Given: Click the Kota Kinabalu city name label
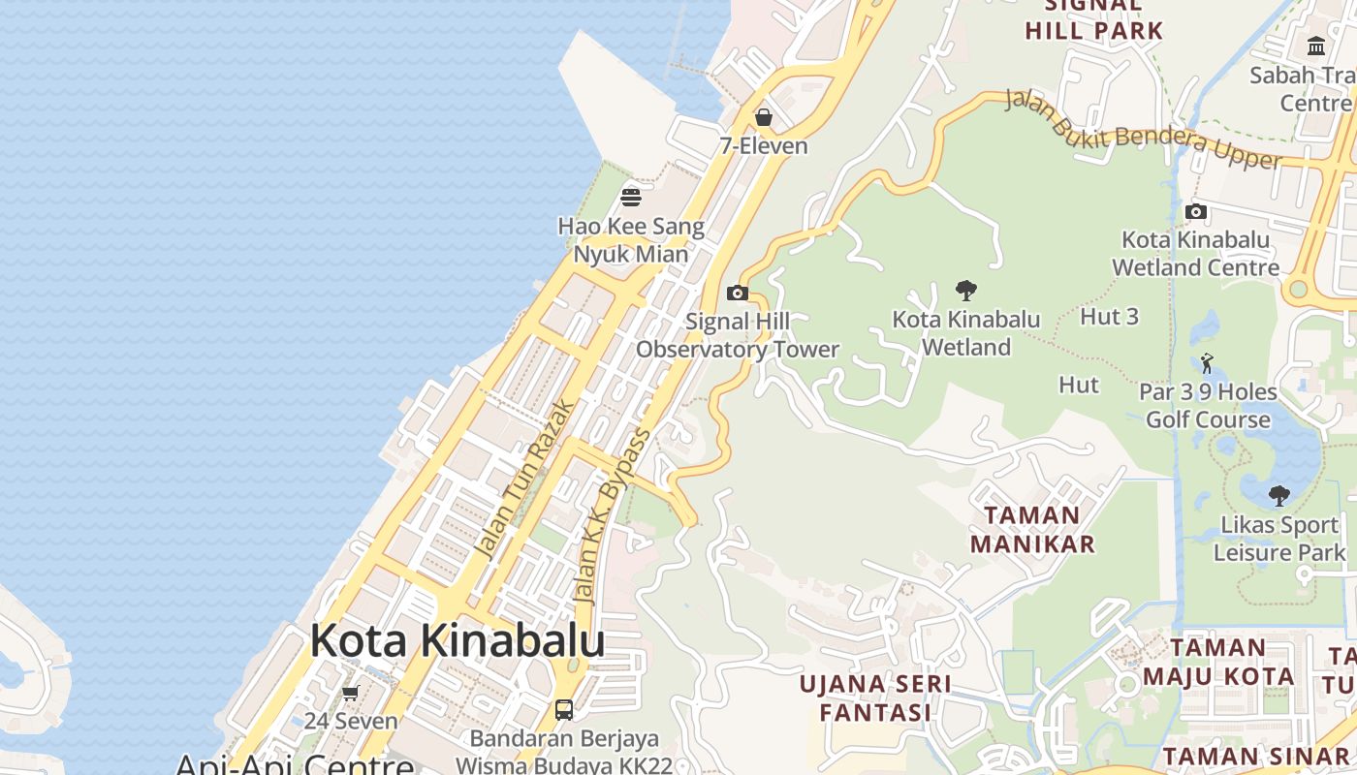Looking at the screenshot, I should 458,641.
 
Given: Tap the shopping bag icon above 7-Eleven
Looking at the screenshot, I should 764,117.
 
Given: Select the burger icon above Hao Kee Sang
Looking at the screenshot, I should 631,198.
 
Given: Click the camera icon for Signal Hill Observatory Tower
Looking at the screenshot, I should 738,293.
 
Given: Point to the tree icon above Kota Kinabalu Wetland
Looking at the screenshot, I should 965,290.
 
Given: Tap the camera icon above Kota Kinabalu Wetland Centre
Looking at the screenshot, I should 1196,211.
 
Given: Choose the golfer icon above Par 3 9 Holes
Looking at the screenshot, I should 1207,363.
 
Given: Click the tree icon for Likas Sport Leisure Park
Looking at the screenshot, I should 1279,496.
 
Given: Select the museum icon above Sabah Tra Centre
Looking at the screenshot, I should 1316,46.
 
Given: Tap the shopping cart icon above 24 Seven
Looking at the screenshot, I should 351,693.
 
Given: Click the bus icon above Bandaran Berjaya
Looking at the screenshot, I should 564,710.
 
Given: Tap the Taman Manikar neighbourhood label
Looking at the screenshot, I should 1032,529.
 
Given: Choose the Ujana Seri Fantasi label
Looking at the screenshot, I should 875,698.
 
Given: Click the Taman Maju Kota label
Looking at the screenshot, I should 1218,662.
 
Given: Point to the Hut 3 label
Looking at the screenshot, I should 1109,317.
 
